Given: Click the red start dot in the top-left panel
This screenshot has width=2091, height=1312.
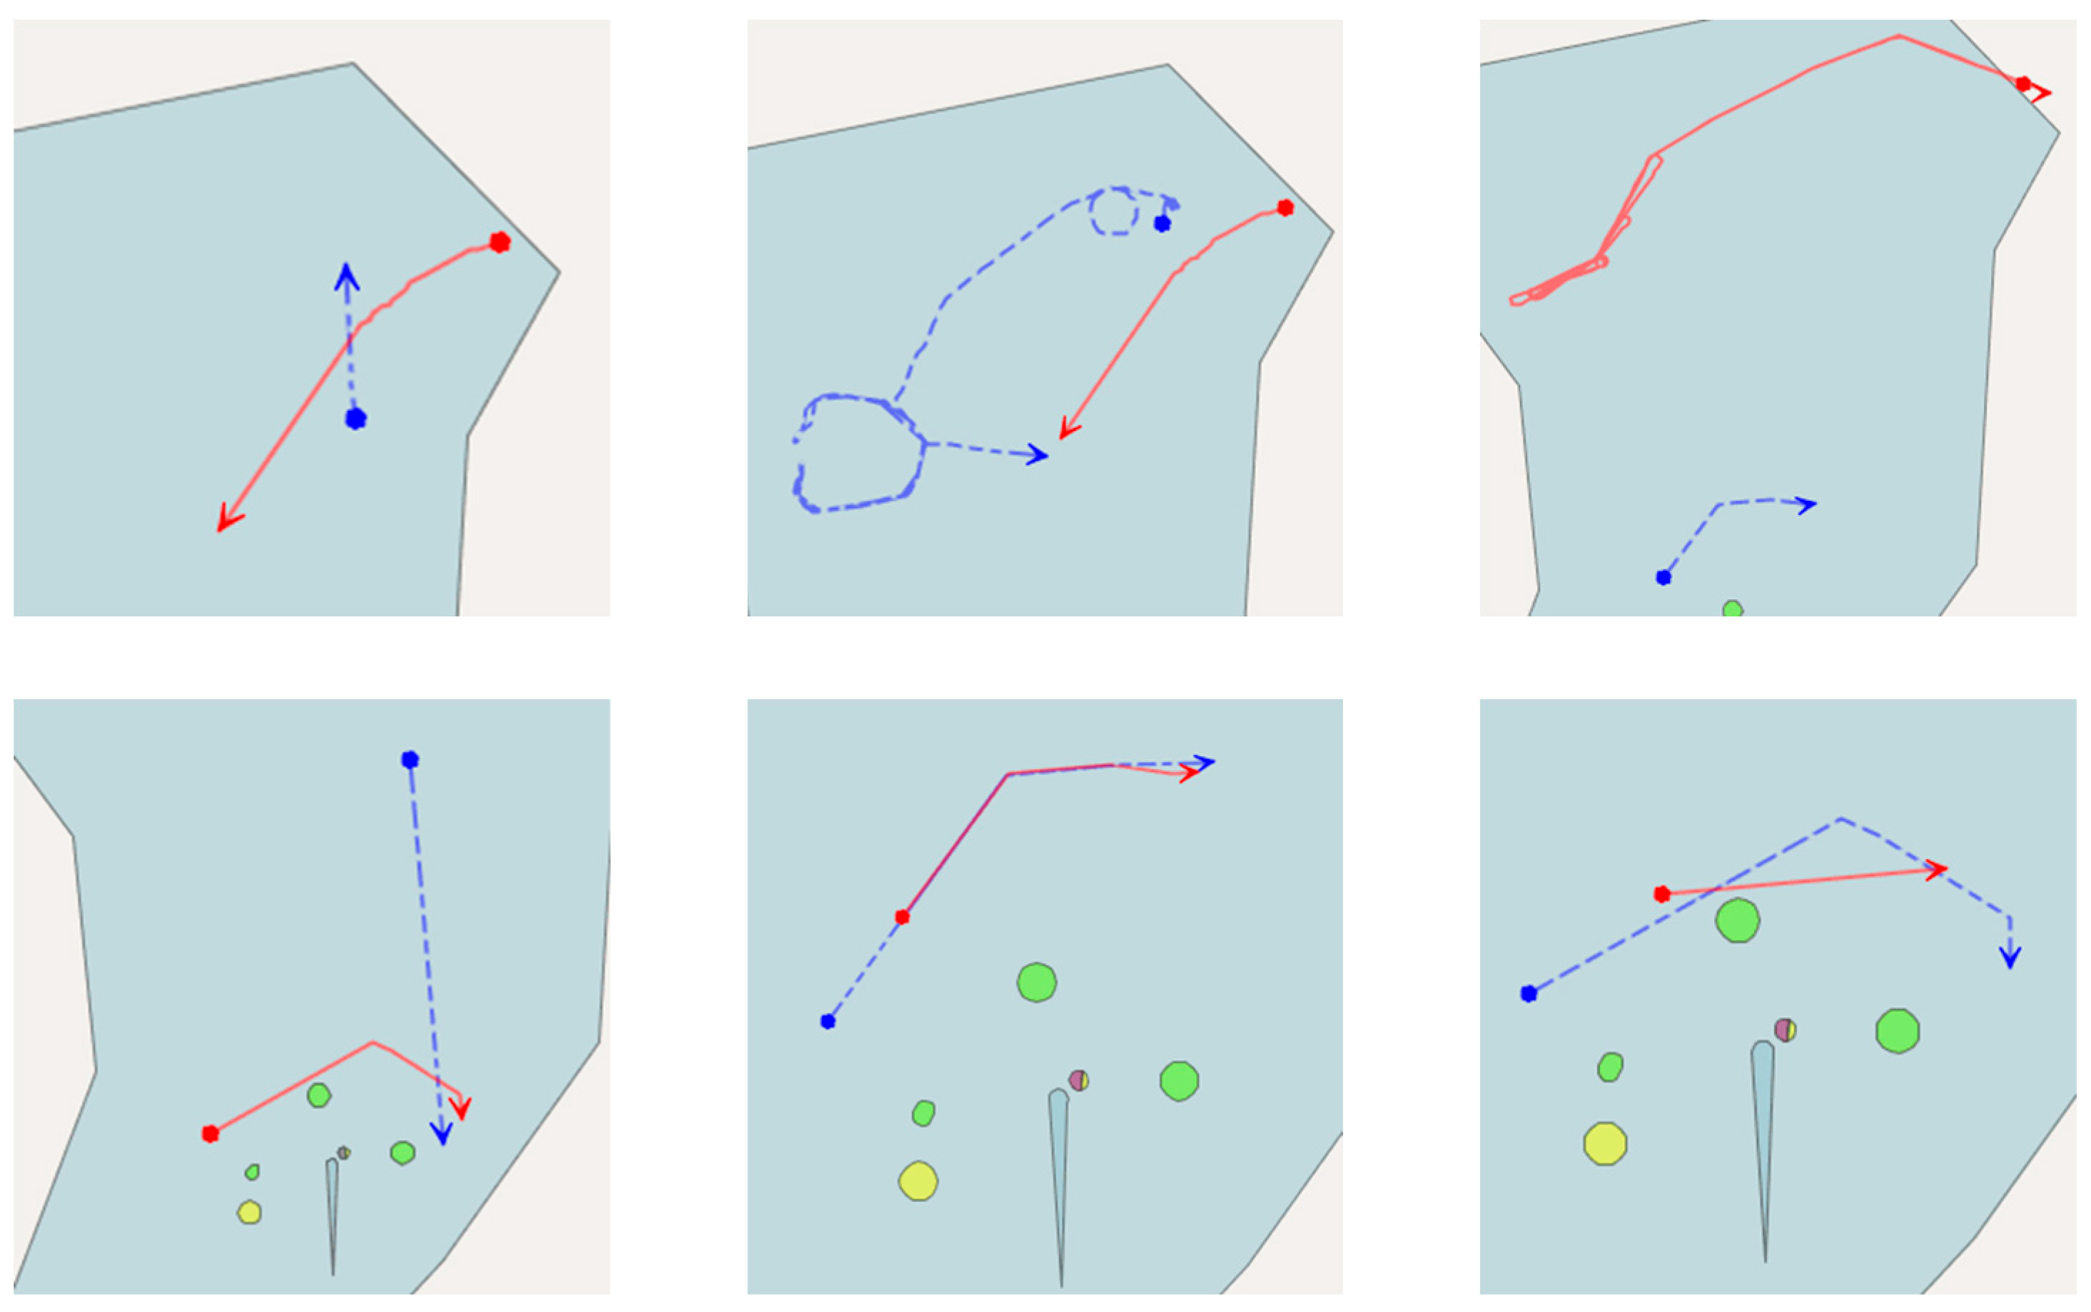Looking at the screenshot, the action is point(499,242).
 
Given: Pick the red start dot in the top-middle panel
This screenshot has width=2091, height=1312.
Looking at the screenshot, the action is point(1285,208).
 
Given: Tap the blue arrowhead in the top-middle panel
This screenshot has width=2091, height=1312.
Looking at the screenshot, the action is point(1039,454).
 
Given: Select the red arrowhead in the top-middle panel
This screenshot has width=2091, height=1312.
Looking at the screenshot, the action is point(1067,430).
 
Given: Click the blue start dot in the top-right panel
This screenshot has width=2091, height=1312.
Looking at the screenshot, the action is point(1663,577).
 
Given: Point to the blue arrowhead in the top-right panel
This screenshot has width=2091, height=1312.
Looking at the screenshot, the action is point(1808,504).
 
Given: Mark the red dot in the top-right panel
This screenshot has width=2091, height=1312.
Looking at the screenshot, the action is point(2023,84).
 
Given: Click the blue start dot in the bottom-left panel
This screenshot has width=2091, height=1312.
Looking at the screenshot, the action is point(410,760).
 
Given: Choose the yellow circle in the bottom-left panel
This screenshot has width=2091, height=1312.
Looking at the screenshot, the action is point(249,1212).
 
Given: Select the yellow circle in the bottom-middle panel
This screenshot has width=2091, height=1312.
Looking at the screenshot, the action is point(918,1181).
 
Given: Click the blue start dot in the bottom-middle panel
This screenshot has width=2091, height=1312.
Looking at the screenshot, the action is point(828,1022).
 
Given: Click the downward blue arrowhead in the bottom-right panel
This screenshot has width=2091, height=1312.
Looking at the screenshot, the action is point(2010,959).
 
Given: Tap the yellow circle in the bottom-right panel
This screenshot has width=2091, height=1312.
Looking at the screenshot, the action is point(1605,1144).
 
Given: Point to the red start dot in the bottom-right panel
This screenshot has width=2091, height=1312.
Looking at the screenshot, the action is point(1662,894).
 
